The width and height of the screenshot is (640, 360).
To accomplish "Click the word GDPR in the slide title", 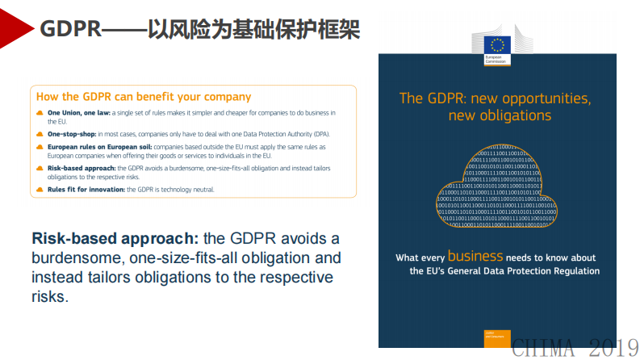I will coord(71,30).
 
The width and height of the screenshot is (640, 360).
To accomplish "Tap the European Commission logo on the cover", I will coord(497,49).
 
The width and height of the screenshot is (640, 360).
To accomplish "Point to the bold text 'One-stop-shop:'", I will coord(72,134).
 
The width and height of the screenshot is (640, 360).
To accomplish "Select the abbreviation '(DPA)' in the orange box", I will coord(320,134).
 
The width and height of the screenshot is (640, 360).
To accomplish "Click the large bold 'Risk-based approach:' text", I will coord(115,239).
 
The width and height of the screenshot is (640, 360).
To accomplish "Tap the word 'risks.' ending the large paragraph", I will coord(50,296).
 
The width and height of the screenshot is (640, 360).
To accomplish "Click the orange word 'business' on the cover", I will coord(475,256).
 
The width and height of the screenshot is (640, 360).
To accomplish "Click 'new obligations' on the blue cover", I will coord(500,115).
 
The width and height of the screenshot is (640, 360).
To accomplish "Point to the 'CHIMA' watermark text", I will coord(545,349).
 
